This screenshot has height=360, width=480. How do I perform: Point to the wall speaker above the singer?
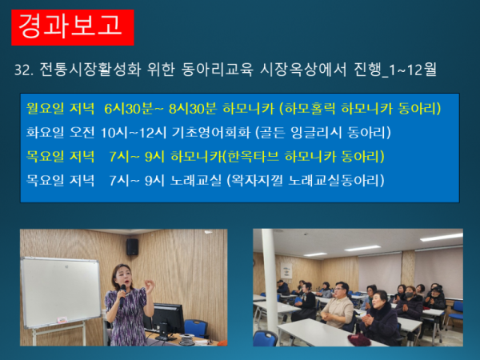132,246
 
